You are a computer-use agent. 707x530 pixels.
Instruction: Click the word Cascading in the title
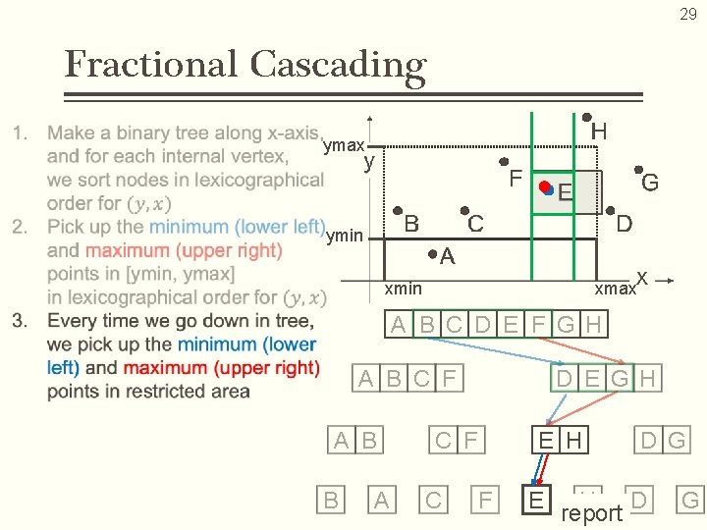(338, 65)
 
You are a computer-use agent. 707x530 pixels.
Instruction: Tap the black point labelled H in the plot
(587, 117)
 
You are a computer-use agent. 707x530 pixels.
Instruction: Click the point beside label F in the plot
(503, 162)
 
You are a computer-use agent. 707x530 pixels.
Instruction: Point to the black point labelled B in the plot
(397, 211)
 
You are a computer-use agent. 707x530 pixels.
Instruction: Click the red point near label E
(544, 185)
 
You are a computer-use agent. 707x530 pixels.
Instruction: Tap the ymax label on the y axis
(344, 146)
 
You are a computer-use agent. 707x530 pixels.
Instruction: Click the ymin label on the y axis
(344, 235)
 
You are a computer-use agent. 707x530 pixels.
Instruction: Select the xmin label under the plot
(403, 288)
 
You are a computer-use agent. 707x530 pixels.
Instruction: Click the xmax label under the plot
(615, 289)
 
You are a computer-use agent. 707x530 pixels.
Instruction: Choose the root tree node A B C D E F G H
(496, 324)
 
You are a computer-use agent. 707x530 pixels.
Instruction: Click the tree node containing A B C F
(408, 378)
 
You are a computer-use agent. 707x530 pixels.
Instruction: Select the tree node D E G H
(606, 378)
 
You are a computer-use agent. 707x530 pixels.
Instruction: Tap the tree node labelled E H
(561, 440)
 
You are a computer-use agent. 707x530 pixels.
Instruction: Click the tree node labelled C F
(457, 440)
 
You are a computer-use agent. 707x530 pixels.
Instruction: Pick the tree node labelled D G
(663, 440)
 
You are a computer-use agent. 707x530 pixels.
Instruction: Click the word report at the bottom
(591, 513)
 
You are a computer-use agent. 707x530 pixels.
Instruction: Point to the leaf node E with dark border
(536, 500)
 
